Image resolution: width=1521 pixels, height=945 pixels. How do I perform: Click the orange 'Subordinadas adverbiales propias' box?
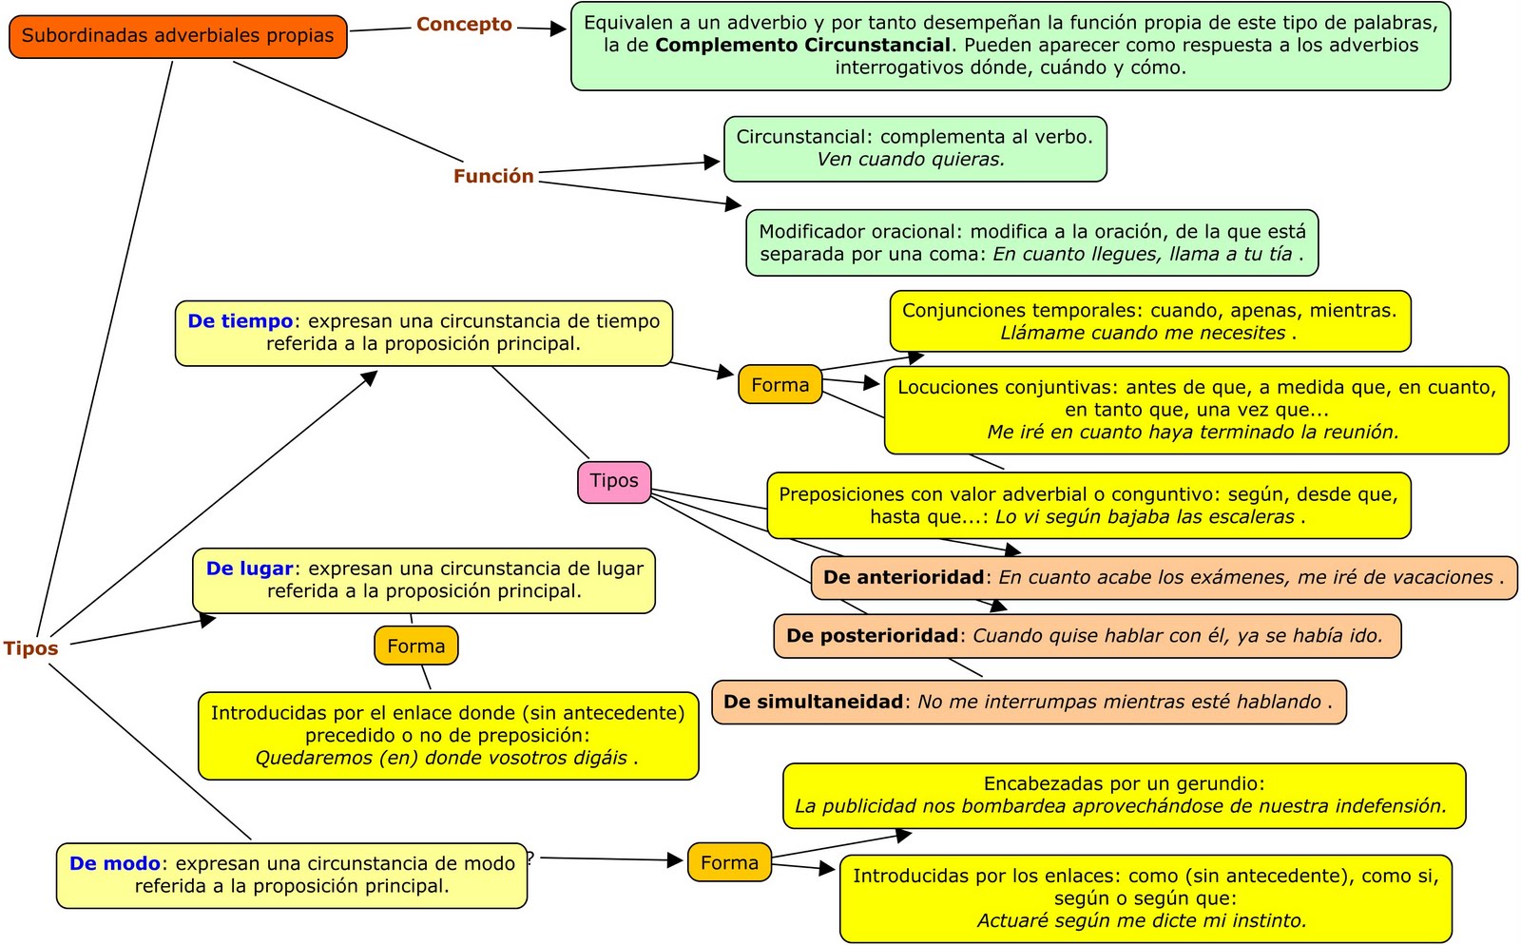pos(178,36)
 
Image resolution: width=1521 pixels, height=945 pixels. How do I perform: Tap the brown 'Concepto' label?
pos(464,25)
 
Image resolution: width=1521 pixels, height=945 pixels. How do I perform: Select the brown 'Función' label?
pos(493,176)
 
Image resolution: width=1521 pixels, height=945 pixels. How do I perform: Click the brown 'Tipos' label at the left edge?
pos(30,648)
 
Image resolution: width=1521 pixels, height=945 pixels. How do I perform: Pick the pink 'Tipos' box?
pos(614,481)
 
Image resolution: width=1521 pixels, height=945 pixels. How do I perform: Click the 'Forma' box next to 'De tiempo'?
pos(780,385)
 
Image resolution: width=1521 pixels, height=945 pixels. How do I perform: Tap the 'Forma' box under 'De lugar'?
pos(415,646)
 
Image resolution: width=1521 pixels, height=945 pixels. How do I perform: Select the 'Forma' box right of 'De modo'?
pos(729,863)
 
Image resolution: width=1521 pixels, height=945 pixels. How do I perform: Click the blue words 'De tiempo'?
pos(240,321)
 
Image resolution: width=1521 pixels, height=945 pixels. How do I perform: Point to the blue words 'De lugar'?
pos(249,569)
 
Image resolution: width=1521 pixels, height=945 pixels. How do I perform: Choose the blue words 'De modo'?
pos(114,864)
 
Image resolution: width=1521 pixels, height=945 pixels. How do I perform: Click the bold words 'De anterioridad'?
pos(903,578)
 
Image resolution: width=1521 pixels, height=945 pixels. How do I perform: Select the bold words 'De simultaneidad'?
pos(813,703)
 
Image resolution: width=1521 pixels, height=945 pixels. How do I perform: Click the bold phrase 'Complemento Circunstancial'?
pos(803,46)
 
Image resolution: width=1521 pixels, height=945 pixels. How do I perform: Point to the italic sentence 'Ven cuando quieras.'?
pos(910,160)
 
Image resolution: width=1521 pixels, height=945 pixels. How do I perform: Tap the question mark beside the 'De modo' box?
pos(530,857)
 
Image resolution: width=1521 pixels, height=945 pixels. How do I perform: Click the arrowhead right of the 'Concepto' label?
pos(558,29)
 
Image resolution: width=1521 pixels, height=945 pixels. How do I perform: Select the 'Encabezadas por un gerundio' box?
pos(1124,796)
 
